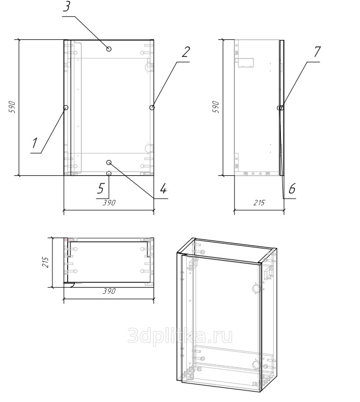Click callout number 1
click(35, 143)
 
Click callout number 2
click(186, 52)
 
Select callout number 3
click(67, 7)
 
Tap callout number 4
click(163, 188)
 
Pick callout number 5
click(101, 188)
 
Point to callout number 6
click(292, 188)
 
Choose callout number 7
click(317, 52)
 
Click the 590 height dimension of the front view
click(13, 108)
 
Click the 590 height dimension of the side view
click(216, 107)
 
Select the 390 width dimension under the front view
click(109, 203)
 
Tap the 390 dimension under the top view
click(109, 291)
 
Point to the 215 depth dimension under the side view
click(259, 203)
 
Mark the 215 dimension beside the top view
click(46, 262)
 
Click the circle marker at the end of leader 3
click(109, 49)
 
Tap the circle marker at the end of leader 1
click(66, 108)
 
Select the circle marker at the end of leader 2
click(152, 108)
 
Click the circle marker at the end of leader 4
click(109, 162)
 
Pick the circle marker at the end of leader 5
click(109, 173)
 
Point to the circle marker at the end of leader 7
click(281, 108)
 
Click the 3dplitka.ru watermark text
click(180, 336)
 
